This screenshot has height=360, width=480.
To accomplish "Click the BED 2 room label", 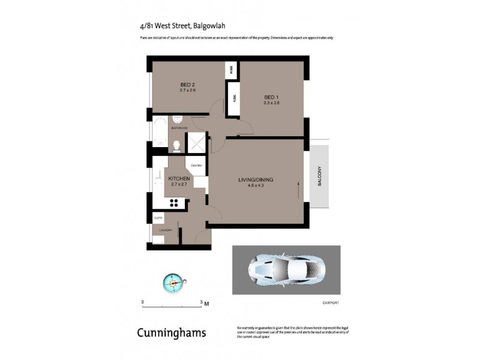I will [x=188, y=85].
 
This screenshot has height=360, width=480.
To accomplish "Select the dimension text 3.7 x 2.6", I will [x=188, y=91].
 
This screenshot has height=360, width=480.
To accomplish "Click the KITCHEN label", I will [x=179, y=179].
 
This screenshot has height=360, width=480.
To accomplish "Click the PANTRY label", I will [x=196, y=165].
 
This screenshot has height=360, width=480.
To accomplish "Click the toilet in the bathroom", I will [x=176, y=144].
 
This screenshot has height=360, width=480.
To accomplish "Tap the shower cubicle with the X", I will [x=196, y=143].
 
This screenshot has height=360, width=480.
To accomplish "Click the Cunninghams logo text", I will [x=172, y=332].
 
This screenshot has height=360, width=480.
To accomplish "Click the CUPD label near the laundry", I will [x=158, y=218].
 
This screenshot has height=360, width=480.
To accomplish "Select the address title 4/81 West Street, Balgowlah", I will [x=174, y=26].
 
